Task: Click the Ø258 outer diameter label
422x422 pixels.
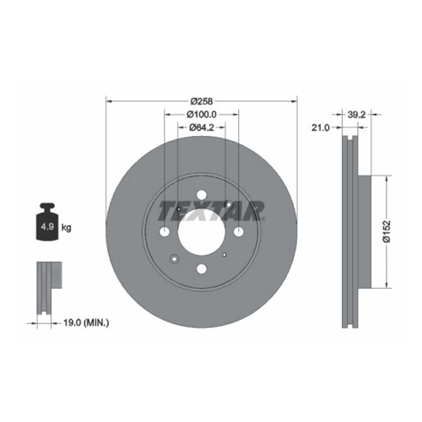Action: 202,100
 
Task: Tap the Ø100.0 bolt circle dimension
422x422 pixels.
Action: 202,114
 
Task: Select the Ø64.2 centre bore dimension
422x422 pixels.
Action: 202,127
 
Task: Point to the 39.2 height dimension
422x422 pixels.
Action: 356,115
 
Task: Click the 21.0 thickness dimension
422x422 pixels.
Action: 320,127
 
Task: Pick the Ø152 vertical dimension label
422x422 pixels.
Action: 387,231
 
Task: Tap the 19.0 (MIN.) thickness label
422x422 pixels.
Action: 86,323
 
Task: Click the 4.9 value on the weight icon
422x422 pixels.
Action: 47,226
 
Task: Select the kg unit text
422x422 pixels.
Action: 67,227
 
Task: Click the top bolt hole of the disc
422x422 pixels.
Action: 202,194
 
